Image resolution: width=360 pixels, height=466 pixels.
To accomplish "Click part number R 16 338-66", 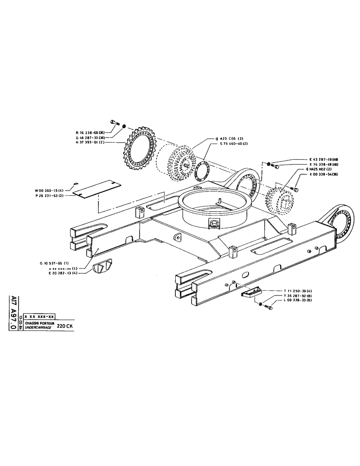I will tap(90, 133).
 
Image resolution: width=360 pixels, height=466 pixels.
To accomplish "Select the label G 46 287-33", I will tap(90, 137).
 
